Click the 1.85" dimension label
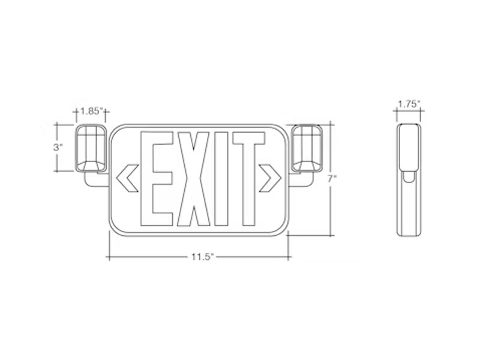(x=91, y=111)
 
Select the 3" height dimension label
(x=58, y=147)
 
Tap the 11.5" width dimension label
(x=202, y=257)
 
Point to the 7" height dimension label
(x=332, y=179)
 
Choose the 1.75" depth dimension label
(x=409, y=104)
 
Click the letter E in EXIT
(x=157, y=179)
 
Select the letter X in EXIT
(x=194, y=179)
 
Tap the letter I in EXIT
(x=221, y=179)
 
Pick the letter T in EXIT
(x=249, y=179)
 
